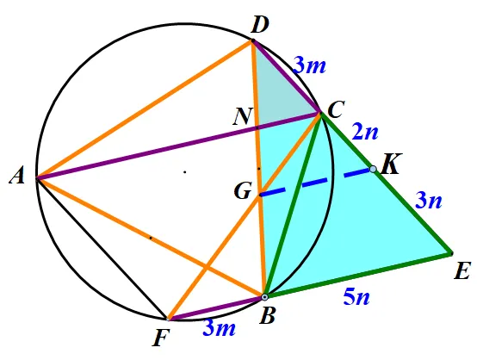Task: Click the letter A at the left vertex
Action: [17, 177]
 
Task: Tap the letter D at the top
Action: [260, 25]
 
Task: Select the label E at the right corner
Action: [462, 271]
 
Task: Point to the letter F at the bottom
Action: [161, 338]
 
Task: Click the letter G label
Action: [244, 191]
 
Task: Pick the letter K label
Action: [390, 164]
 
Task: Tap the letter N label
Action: [243, 116]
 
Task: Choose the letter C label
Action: [336, 110]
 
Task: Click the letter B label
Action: [267, 315]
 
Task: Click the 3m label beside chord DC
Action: [309, 65]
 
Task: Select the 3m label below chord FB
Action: [220, 327]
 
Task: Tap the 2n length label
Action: [365, 132]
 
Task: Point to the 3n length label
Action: [429, 200]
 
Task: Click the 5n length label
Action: [356, 297]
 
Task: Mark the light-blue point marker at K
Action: [373, 169]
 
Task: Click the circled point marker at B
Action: [264, 297]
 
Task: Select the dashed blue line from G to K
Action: [317, 182]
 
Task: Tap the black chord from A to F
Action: [102, 248]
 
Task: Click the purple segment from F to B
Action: [216, 308]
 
